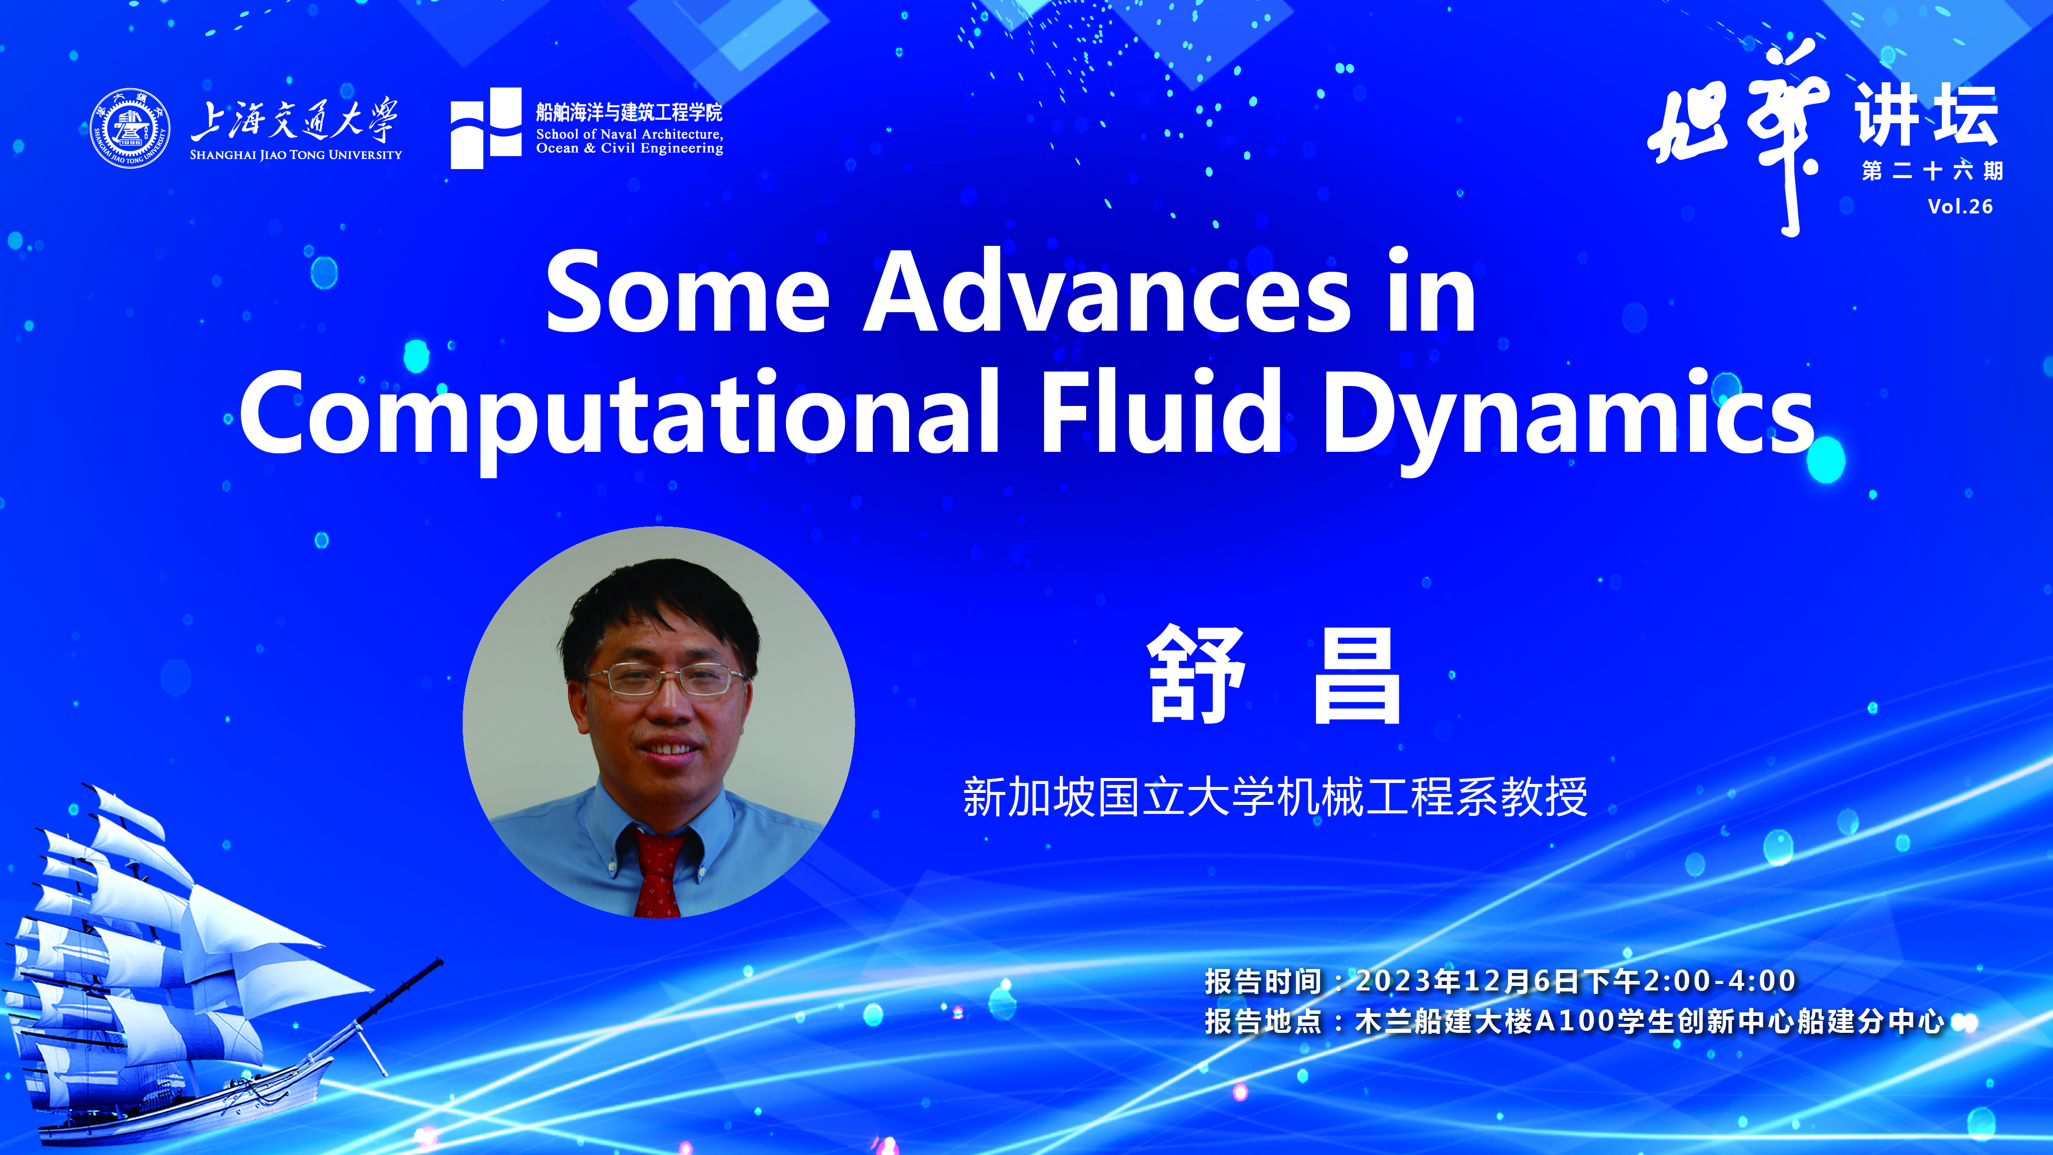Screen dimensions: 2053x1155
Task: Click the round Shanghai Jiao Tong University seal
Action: coord(130,128)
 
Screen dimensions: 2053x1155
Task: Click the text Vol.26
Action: coord(1960,206)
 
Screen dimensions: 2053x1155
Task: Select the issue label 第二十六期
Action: coord(1932,171)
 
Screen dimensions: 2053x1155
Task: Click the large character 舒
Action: coord(1195,674)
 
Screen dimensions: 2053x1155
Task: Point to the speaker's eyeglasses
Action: coord(666,679)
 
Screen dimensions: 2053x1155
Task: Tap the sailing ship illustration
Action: coord(191,964)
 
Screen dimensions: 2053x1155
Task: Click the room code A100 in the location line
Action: coord(1581,1021)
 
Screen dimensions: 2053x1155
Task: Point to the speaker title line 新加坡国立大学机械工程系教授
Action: coord(1275,797)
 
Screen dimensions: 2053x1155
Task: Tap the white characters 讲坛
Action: coord(1926,116)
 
